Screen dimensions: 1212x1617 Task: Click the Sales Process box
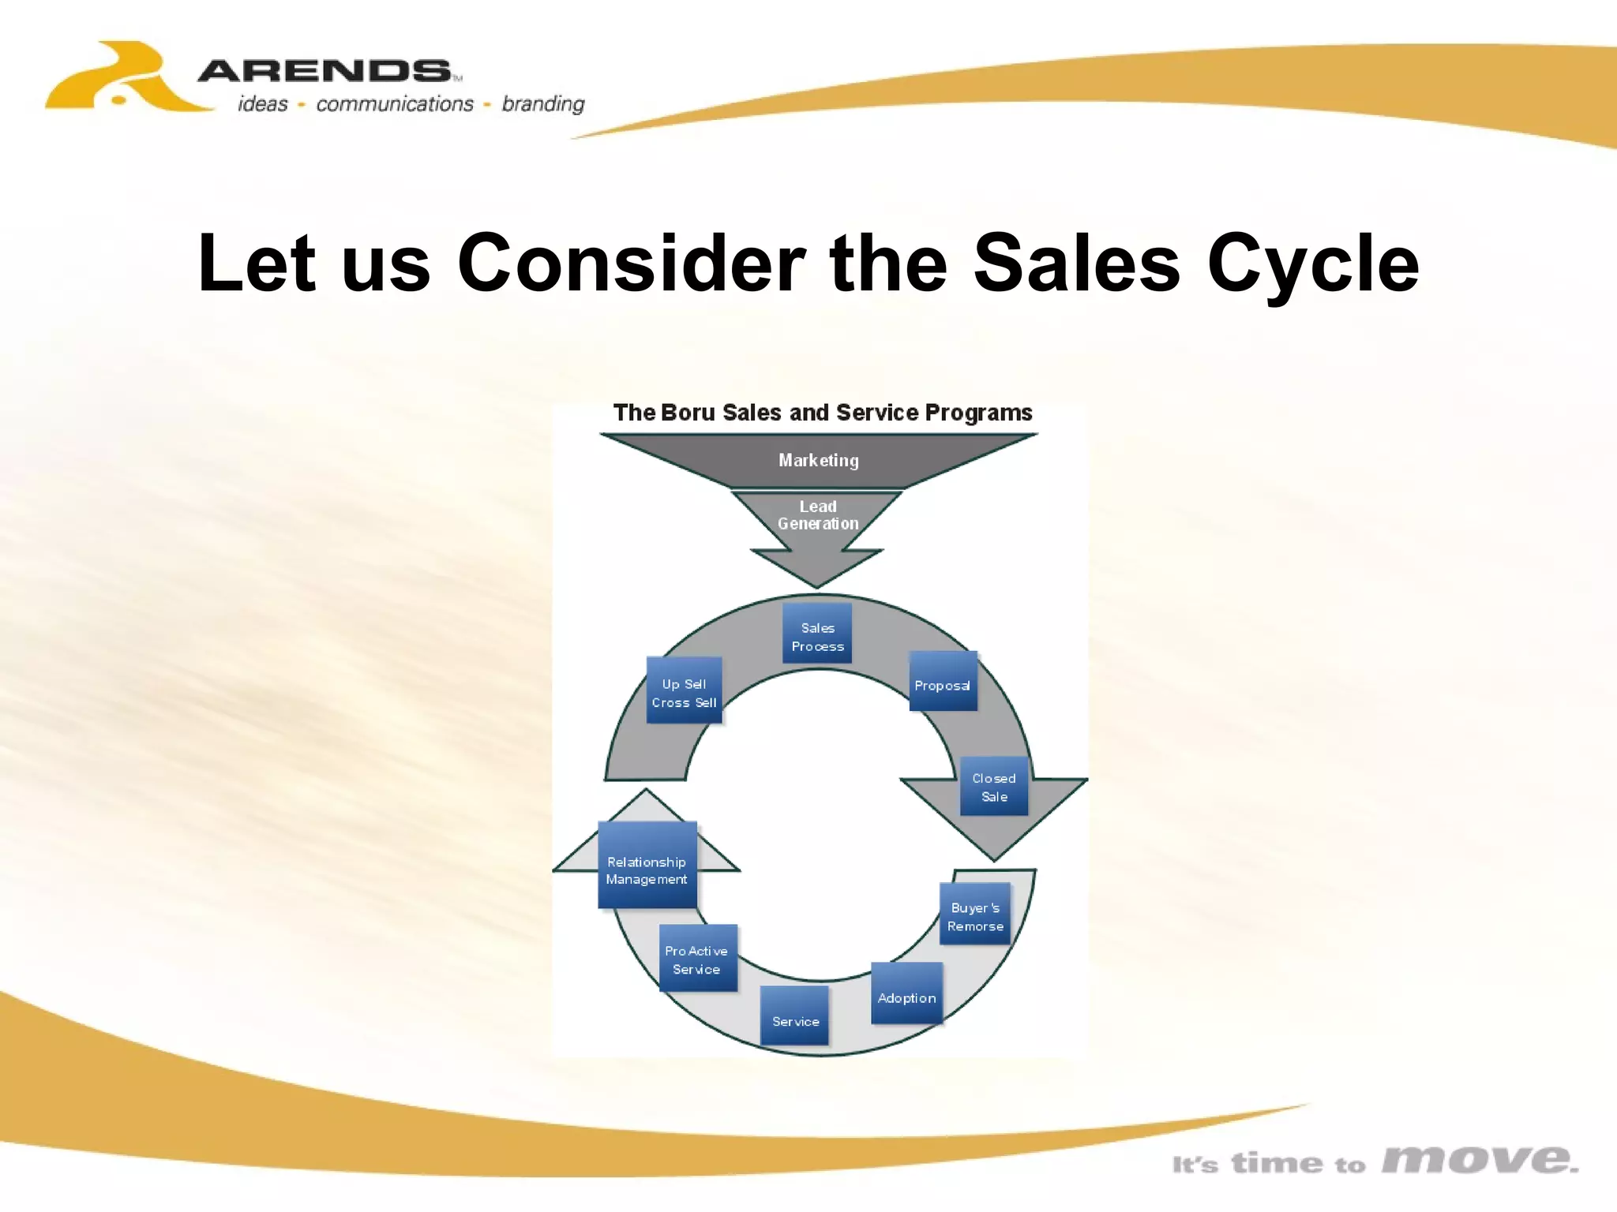pyautogui.click(x=817, y=634)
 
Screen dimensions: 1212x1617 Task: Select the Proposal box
pyautogui.click(x=943, y=683)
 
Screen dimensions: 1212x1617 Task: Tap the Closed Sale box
pyautogui.click(x=994, y=787)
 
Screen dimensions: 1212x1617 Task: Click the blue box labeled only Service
pyautogui.click(x=795, y=1017)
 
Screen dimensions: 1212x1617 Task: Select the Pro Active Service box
pyautogui.click(x=698, y=959)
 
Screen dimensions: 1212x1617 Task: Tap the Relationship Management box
pyautogui.click(x=647, y=866)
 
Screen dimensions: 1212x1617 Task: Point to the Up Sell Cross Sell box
pyautogui.click(x=684, y=691)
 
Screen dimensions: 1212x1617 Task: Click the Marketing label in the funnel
pyautogui.click(x=818, y=460)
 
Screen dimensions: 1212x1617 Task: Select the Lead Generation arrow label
pyautogui.click(x=818, y=515)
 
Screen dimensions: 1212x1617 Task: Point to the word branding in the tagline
pyautogui.click(x=543, y=104)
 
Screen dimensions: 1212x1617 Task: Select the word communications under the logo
pyautogui.click(x=394, y=104)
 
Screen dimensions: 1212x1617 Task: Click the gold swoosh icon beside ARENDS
pyautogui.click(x=118, y=79)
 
